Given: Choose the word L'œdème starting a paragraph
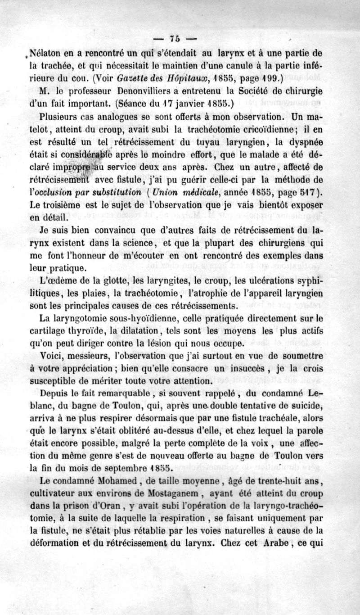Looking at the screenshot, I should coord(56,283).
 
